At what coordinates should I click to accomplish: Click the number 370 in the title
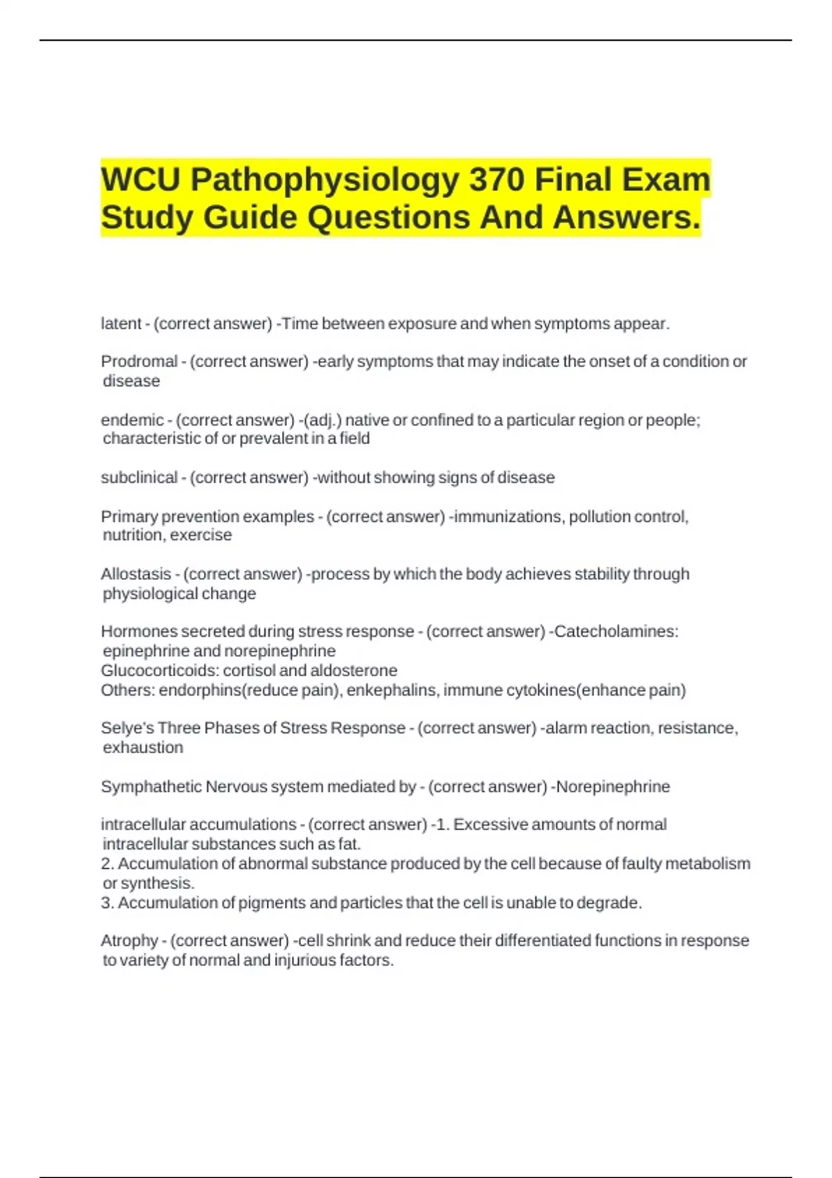[496, 179]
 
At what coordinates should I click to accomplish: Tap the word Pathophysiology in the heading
[324, 179]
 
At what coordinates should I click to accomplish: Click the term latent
[121, 324]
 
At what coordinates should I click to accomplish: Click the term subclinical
[139, 477]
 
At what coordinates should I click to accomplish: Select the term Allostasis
[136, 574]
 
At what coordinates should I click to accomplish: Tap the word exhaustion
[143, 748]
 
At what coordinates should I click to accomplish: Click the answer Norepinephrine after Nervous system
[613, 787]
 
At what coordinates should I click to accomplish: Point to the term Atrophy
[129, 941]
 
